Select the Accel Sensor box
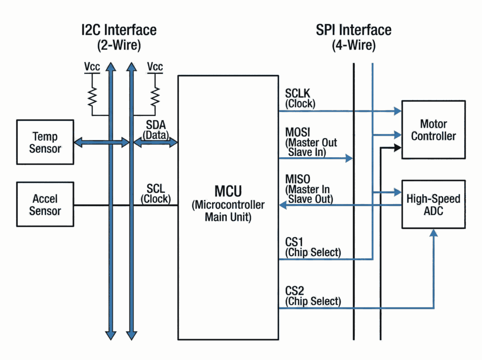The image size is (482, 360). (45, 204)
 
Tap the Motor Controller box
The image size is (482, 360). (433, 129)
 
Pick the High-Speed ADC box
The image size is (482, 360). (433, 205)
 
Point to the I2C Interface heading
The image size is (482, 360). (118, 30)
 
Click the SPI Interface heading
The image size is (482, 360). (353, 30)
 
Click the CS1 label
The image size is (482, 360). (295, 242)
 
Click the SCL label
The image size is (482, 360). (155, 189)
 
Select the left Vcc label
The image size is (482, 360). (92, 67)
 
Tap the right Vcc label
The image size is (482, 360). (155, 67)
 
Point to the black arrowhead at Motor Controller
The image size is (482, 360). (398, 148)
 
